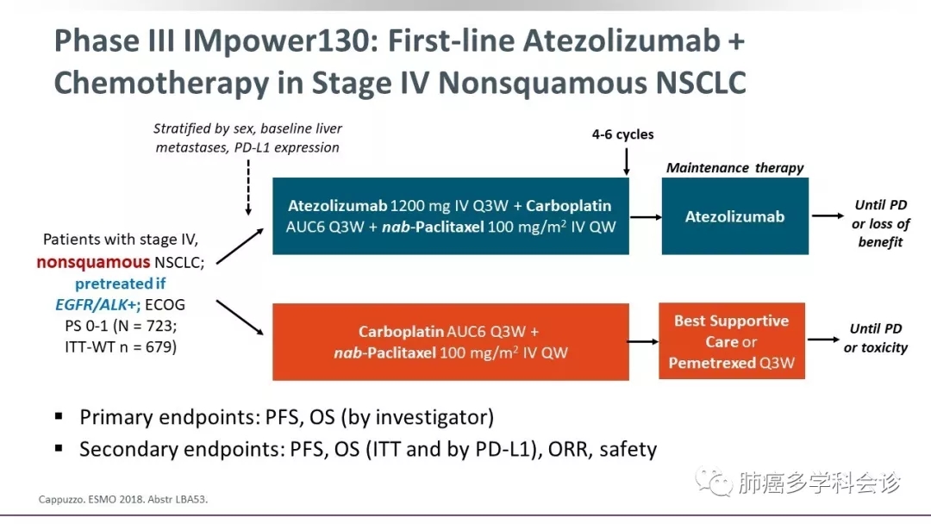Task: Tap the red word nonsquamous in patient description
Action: click(93, 261)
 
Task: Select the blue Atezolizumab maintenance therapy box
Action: click(734, 216)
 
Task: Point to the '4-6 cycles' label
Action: click(622, 134)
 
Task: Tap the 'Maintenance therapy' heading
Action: click(734, 167)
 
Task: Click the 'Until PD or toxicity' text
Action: click(876, 338)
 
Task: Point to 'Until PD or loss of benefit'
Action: click(880, 224)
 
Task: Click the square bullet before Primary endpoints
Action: click(59, 416)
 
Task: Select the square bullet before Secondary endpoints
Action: click(59, 448)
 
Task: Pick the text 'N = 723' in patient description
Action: click(152, 327)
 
